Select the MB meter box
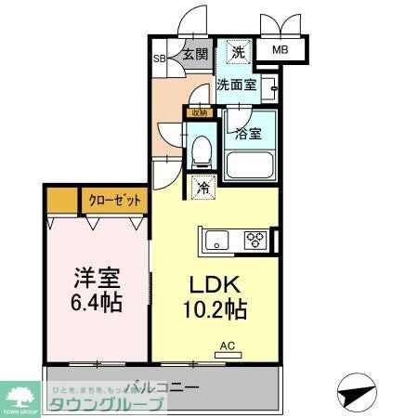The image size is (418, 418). (280, 51)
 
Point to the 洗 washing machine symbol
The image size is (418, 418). (239, 53)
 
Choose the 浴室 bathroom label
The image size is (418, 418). (248, 133)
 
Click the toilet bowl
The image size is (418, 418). (202, 153)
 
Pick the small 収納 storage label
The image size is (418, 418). (196, 112)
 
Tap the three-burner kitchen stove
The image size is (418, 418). (255, 241)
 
